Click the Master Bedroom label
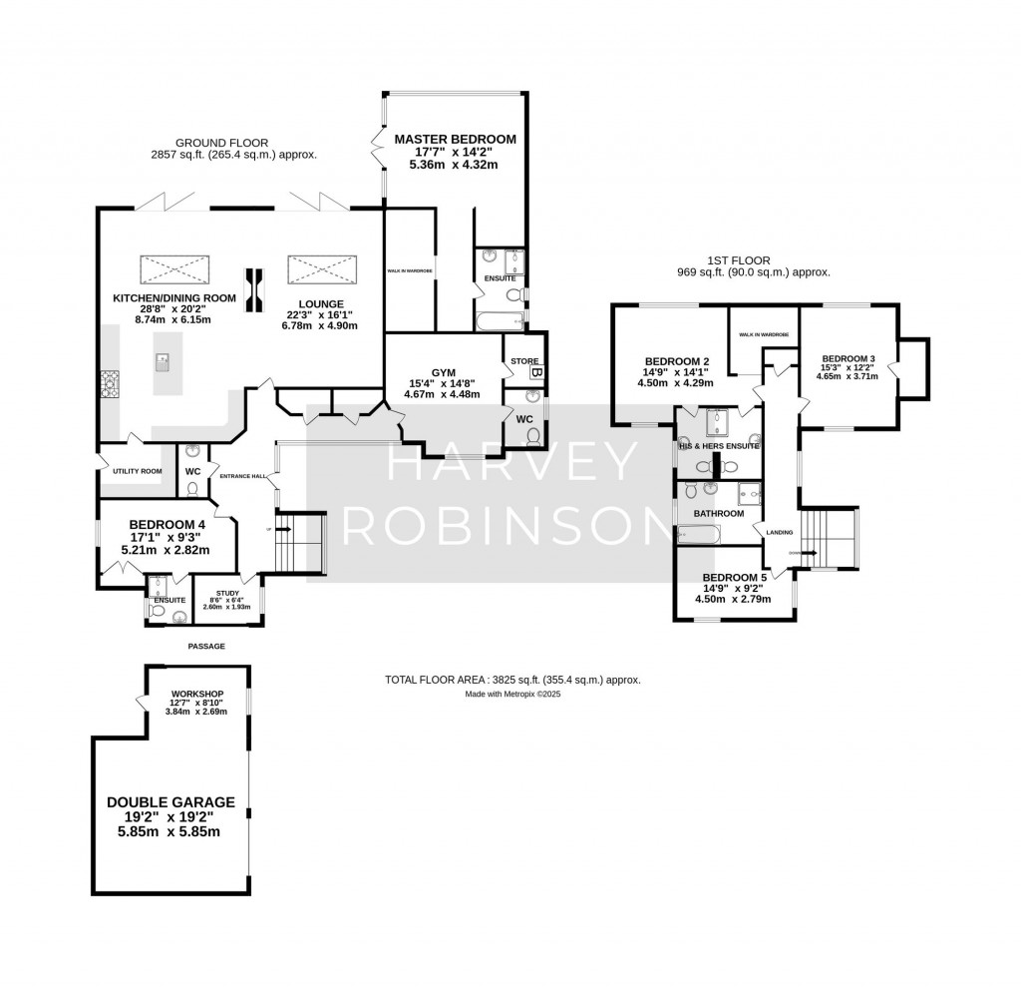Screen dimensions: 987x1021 click(455, 139)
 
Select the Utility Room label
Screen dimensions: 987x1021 click(138, 470)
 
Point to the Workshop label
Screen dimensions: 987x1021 click(198, 694)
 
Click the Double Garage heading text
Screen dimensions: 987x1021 click(170, 801)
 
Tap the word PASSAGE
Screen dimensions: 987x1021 click(206, 646)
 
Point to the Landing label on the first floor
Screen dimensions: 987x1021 click(779, 532)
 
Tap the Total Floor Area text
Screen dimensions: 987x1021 click(511, 680)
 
